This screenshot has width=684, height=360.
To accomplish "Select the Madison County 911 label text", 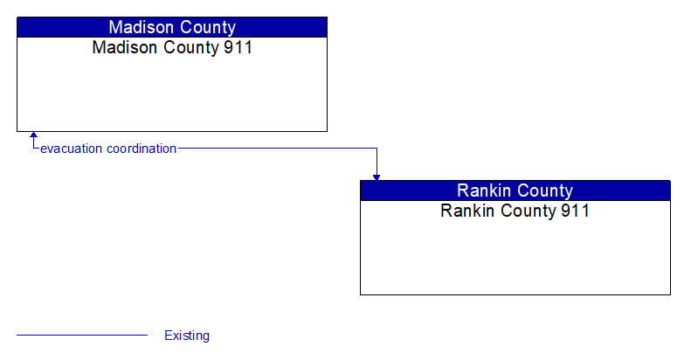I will pyautogui.click(x=172, y=48).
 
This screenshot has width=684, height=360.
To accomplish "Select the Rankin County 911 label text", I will pyautogui.click(x=515, y=211).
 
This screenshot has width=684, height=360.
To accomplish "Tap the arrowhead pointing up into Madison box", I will pyautogui.click(x=33, y=136).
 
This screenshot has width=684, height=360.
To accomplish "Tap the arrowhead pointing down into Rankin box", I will pyautogui.click(x=377, y=177).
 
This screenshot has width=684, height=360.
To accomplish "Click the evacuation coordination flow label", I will pyautogui.click(x=108, y=149).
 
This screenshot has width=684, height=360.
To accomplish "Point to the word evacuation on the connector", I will pyautogui.click(x=72, y=149).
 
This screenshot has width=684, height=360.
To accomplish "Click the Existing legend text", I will pyautogui.click(x=187, y=336).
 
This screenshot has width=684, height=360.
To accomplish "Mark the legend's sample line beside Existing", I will pyautogui.click(x=82, y=335).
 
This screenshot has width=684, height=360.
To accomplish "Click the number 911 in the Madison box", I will pyautogui.click(x=237, y=48).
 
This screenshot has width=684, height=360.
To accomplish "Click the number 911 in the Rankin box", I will pyautogui.click(x=574, y=211).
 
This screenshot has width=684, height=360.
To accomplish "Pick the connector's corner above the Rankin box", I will pyautogui.click(x=377, y=149).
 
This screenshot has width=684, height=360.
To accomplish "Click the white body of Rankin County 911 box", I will pyautogui.click(x=515, y=258).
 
